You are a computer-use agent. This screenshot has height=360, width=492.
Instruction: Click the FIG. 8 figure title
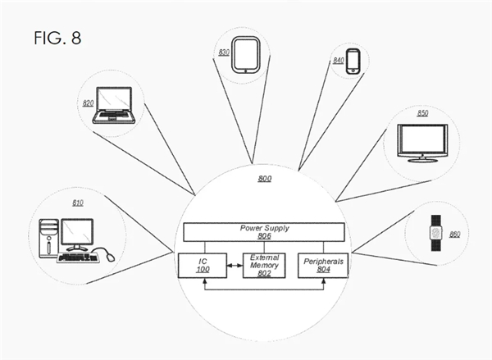pos(57,39)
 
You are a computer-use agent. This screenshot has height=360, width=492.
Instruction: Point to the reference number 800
pos(264,178)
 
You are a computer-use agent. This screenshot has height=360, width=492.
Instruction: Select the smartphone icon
pos(353,61)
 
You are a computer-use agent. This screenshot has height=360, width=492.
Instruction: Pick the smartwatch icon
pos(436,235)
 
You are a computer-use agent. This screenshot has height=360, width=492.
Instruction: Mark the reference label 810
pos(77,202)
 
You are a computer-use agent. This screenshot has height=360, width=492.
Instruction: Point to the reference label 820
pos(89,103)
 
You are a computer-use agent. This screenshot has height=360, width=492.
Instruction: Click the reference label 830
pos(223,52)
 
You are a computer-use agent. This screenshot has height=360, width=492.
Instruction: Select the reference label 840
pos(338,61)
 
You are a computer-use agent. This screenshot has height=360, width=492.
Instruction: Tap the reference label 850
pos(423,113)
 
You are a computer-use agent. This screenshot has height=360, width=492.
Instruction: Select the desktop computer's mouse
pos(108,254)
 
